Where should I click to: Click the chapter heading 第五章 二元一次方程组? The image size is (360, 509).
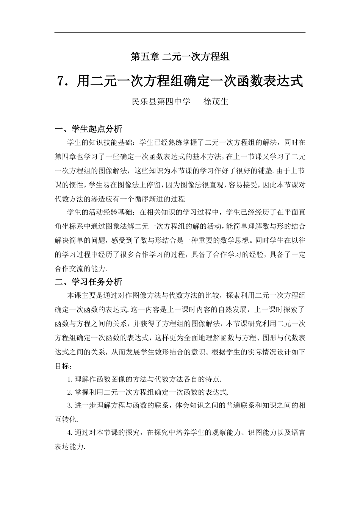tap(180, 57)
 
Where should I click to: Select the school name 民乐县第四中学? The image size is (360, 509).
tap(161, 101)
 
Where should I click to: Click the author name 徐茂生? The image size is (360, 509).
tap(216, 101)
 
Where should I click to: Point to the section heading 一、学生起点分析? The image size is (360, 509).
tap(89, 129)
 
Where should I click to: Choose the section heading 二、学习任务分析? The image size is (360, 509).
tap(89, 282)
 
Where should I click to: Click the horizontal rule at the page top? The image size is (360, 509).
tap(180, 33)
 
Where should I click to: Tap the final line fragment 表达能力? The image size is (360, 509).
tap(70, 446)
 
